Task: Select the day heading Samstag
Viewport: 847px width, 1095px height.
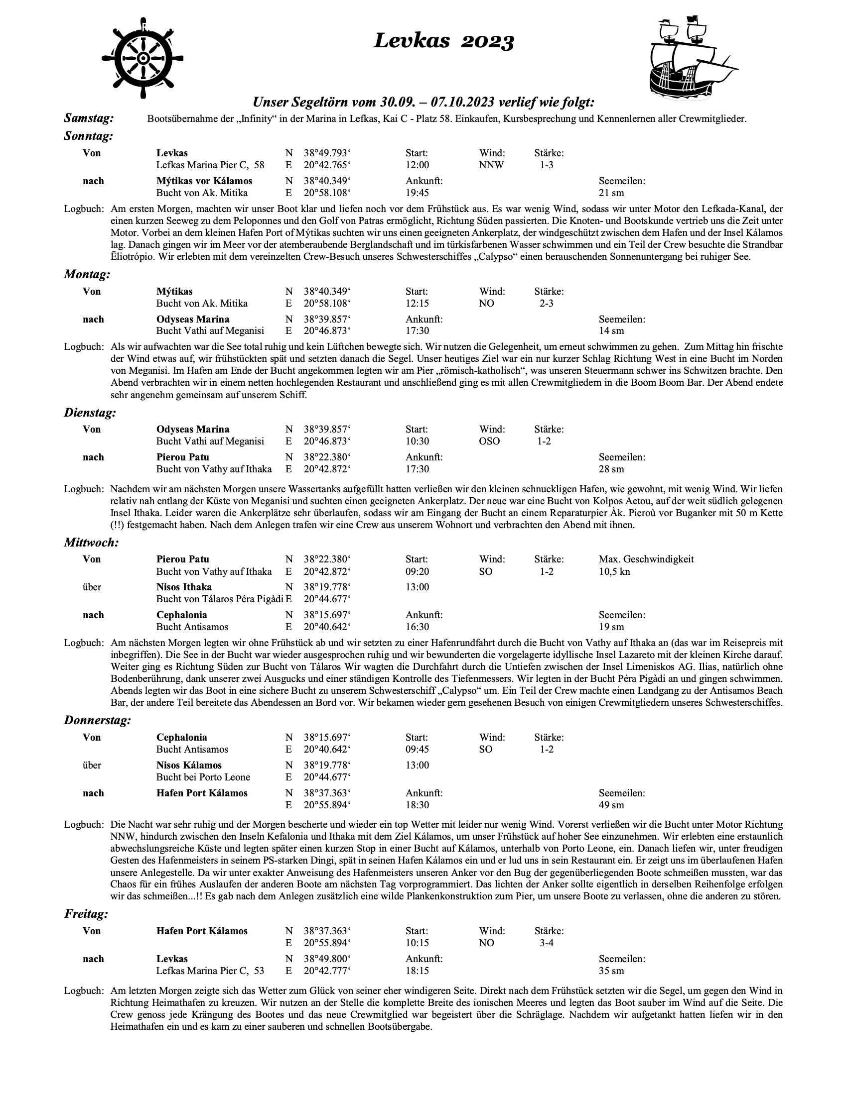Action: pos(89,118)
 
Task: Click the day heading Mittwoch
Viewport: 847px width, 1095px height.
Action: pos(91,542)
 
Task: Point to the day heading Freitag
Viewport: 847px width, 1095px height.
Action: pos(86,913)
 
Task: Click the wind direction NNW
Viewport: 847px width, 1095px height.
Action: pos(491,165)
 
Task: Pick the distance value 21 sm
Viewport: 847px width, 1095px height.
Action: pos(611,193)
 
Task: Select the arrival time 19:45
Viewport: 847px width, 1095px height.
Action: pos(417,193)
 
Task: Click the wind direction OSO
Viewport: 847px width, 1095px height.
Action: pos(489,441)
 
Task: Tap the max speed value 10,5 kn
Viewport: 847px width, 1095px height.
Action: pos(614,571)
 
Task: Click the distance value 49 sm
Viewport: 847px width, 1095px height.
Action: pos(611,805)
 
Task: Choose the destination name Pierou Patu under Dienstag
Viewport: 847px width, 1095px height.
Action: pos(183,457)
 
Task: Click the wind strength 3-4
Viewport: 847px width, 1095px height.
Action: pos(547,943)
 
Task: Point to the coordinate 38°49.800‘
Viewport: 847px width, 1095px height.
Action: pos(327,959)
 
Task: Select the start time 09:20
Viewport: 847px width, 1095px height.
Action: pos(417,571)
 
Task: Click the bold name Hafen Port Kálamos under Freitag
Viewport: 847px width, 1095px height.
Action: pos(202,931)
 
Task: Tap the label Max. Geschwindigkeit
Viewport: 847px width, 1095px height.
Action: pos(646,559)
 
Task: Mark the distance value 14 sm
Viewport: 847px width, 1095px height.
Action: pos(611,331)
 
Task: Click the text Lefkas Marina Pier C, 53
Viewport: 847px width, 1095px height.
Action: pos(210,971)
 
